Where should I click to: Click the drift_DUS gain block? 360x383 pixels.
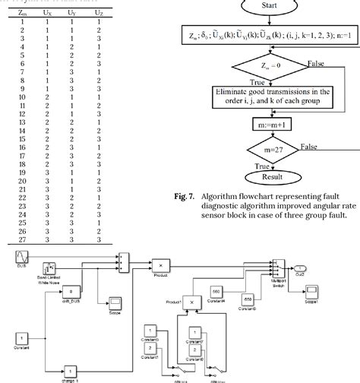(x=70, y=291)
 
